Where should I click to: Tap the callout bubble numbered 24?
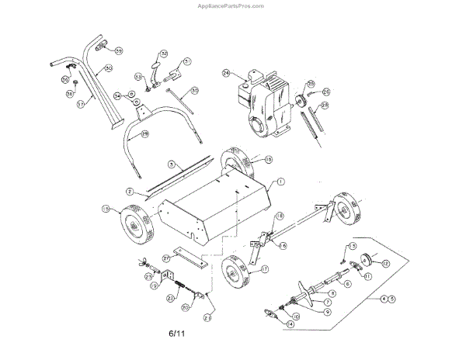pyautogui.click(x=227, y=74)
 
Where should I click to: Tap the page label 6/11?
pyautogui.click(x=179, y=334)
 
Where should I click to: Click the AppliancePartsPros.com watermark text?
pyautogui.click(x=232, y=5)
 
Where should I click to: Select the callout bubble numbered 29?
pyautogui.click(x=145, y=133)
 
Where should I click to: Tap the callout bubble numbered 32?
pyautogui.click(x=165, y=54)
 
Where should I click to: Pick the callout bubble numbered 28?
pyautogui.click(x=325, y=106)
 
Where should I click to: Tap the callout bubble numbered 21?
pyautogui.click(x=208, y=317)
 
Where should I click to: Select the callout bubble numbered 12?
pyautogui.click(x=385, y=265)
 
